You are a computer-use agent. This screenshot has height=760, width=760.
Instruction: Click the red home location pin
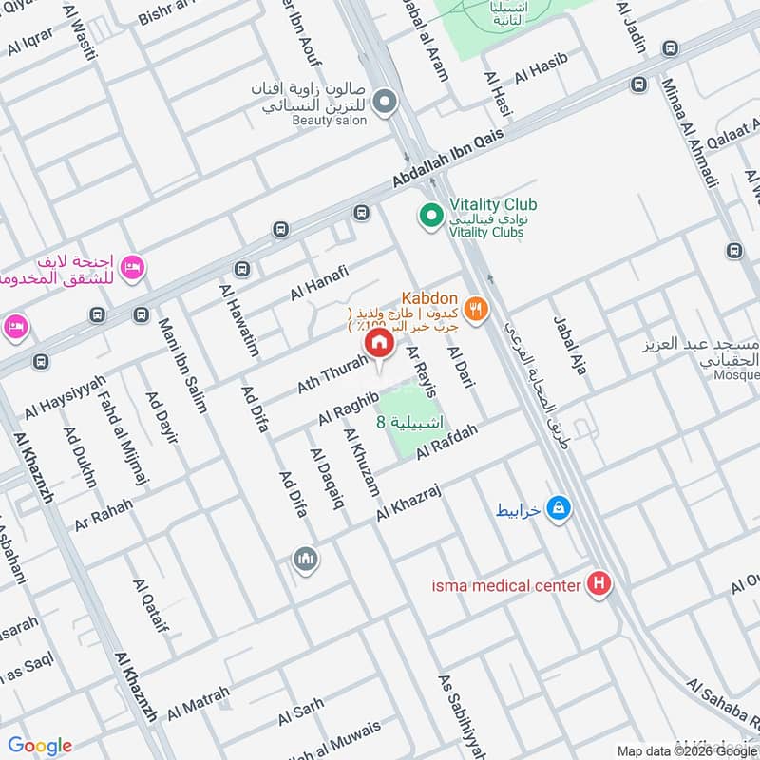point(379,343)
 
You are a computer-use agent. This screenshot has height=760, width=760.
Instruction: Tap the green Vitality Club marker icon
point(431,218)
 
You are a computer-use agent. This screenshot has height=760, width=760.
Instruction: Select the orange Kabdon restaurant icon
point(477,308)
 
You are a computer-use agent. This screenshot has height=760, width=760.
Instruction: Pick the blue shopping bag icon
point(560,509)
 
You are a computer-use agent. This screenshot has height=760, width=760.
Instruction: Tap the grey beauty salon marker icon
point(384,102)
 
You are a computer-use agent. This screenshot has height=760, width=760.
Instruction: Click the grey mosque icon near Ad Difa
point(305,559)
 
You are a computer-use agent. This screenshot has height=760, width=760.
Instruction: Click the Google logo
point(40,745)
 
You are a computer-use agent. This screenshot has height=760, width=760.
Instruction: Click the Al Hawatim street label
point(238,320)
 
